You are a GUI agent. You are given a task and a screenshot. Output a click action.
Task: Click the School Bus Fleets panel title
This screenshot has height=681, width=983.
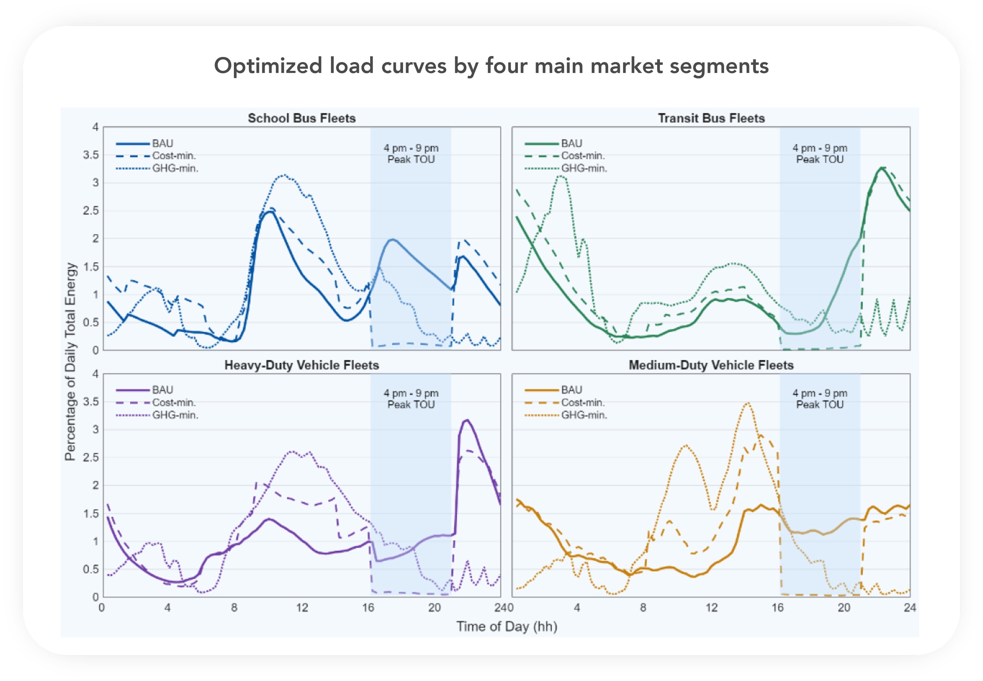tap(302, 118)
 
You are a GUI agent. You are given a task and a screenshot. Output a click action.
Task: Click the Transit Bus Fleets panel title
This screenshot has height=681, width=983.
tap(711, 118)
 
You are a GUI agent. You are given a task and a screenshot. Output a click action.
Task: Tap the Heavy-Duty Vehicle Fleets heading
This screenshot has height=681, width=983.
tap(302, 365)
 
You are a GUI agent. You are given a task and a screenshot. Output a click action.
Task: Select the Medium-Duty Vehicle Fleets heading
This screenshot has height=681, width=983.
tap(711, 365)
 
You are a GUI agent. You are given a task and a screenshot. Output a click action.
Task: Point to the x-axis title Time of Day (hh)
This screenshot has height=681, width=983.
tap(506, 626)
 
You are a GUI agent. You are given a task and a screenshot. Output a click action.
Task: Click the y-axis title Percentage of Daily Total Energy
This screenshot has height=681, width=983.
tap(71, 362)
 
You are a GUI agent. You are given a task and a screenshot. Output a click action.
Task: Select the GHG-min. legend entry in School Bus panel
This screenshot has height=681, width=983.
tap(175, 169)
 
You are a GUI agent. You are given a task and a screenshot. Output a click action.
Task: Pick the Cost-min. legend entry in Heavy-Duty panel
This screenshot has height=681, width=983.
tap(174, 402)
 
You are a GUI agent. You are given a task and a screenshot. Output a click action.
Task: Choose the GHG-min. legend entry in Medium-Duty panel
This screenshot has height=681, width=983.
tap(584, 415)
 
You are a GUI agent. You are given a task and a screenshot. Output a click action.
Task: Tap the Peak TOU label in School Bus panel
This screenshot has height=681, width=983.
tap(411, 159)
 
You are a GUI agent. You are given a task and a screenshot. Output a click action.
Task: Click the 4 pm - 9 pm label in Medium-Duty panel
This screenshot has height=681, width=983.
tap(820, 393)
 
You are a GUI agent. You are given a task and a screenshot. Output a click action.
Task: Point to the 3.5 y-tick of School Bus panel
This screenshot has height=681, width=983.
tap(90, 155)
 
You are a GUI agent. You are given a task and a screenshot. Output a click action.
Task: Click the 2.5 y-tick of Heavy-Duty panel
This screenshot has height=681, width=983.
tap(90, 457)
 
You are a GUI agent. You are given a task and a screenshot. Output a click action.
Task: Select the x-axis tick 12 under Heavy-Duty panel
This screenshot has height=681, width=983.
tap(302, 608)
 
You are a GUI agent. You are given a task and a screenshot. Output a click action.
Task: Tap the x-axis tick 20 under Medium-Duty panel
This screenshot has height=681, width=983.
tap(843, 608)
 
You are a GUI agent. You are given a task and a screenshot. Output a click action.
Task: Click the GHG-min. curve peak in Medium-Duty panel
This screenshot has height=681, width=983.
tap(748, 403)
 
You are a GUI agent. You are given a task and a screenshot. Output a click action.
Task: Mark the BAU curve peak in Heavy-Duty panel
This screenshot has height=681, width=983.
tap(467, 420)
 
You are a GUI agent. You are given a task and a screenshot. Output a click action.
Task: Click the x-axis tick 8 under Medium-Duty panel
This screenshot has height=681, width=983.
tap(643, 608)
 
